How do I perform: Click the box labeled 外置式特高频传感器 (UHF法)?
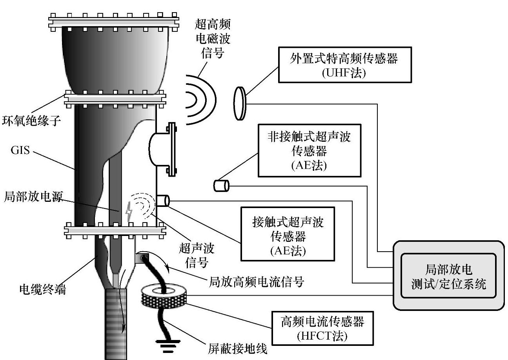click(x=345, y=65)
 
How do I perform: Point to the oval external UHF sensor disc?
click(x=240, y=103)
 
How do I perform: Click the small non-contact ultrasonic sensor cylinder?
click(x=221, y=185)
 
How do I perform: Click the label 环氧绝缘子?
click(x=32, y=120)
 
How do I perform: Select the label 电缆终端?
click(x=43, y=290)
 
